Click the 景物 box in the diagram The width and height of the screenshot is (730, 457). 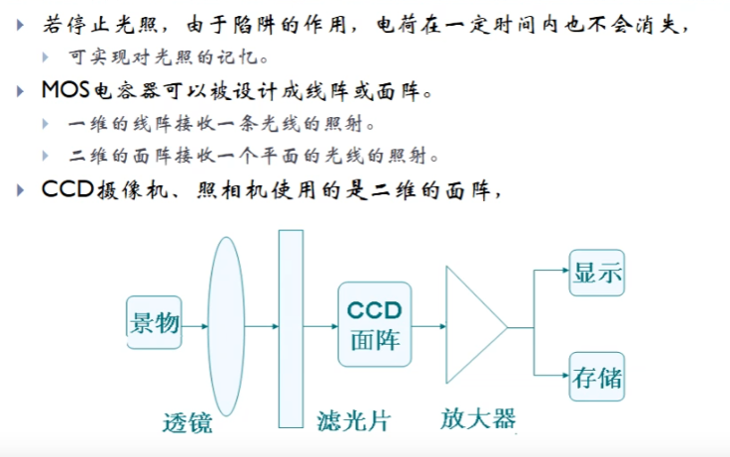click(x=155, y=322)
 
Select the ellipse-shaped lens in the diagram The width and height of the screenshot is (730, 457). click(x=227, y=325)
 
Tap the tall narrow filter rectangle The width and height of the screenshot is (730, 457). click(x=291, y=328)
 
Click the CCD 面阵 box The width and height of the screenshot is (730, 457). click(x=374, y=324)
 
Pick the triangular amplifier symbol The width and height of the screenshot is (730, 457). click(x=473, y=325)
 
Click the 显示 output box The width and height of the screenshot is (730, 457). click(x=596, y=273)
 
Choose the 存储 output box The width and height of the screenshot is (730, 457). click(x=596, y=377)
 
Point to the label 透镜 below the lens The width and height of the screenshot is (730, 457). click(x=187, y=422)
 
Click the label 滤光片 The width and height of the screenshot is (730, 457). click(x=353, y=420)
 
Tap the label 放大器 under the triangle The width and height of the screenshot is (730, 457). click(x=478, y=418)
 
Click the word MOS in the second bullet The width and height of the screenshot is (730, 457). click(x=65, y=91)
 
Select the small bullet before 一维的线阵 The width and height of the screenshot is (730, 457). click(x=47, y=124)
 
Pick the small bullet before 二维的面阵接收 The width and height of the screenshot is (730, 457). click(x=47, y=156)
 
